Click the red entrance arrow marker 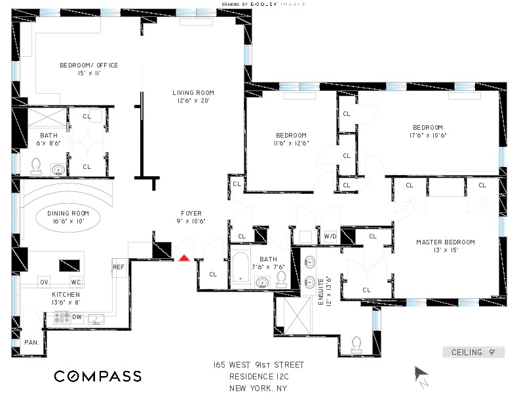(185, 258)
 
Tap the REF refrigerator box (119, 267)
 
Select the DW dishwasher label (77, 317)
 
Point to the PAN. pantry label (31, 342)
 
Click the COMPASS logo (98, 376)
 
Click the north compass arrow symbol (421, 376)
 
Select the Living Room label (193, 92)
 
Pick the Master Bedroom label (446, 242)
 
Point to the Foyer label (192, 213)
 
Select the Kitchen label (66, 295)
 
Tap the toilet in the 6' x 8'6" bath (37, 165)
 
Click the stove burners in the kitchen (62, 317)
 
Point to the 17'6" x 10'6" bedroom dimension (427, 136)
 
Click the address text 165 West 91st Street (258, 364)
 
